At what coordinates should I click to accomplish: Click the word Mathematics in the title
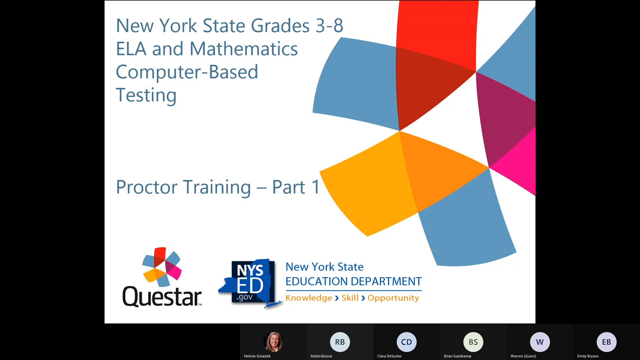243,49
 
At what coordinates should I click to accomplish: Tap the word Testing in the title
146,95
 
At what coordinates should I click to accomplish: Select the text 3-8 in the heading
329,26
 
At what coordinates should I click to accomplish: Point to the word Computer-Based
187,72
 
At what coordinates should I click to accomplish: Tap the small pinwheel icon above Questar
162,267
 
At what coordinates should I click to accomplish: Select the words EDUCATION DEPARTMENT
353,282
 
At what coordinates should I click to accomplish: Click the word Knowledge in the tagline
309,298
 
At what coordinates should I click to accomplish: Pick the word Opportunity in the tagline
393,298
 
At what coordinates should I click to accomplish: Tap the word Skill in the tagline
350,298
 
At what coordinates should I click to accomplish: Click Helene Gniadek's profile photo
273,342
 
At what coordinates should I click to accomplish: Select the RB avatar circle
340,342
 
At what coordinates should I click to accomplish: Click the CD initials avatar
406,342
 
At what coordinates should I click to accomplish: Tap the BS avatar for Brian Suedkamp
473,342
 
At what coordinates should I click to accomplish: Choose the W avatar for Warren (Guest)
540,342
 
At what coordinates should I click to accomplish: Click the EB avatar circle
606,342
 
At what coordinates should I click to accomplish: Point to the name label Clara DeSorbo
389,356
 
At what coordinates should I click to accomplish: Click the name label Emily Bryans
588,356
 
